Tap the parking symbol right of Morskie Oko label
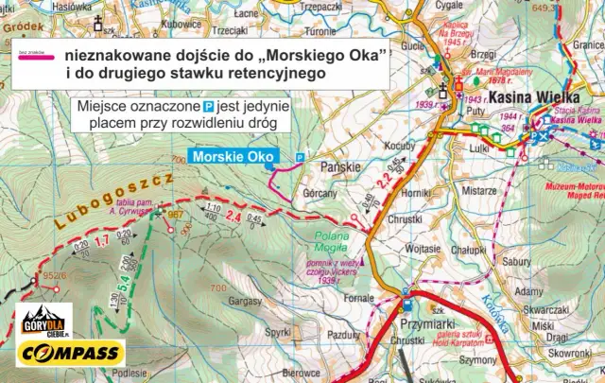pyautogui.click(x=300, y=156)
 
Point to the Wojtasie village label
pyautogui.click(x=422, y=248)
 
